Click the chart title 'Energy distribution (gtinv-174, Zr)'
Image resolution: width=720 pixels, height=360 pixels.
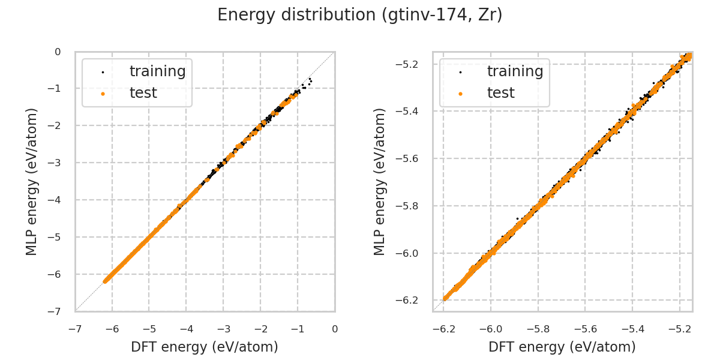pyautogui.click(x=360, y=15)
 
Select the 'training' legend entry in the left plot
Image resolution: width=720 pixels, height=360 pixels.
pyautogui.click(x=157, y=71)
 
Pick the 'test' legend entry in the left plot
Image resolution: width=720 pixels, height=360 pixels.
pyautogui.click(x=143, y=93)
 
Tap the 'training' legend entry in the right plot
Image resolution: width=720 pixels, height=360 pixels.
pyautogui.click(x=515, y=71)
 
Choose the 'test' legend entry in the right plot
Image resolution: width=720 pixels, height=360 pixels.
pyautogui.click(x=500, y=93)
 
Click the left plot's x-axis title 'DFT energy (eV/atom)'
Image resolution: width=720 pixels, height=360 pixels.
pyautogui.click(x=205, y=347)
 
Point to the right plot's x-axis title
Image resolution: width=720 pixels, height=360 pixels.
pyautogui.click(x=562, y=347)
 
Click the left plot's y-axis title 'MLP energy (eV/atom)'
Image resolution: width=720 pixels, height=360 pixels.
pyautogui.click(x=32, y=181)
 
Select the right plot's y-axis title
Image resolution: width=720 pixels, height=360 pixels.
pyautogui.click(x=380, y=181)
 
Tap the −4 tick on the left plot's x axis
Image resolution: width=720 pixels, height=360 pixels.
pyautogui.click(x=186, y=329)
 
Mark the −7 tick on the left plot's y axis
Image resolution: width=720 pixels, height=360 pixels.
pyautogui.click(x=58, y=311)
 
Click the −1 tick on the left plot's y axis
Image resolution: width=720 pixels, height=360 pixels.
pyautogui.click(x=58, y=89)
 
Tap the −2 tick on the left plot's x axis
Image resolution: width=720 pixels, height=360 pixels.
pyautogui.click(x=260, y=329)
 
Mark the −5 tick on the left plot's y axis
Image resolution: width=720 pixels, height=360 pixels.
pyautogui.click(x=58, y=237)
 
